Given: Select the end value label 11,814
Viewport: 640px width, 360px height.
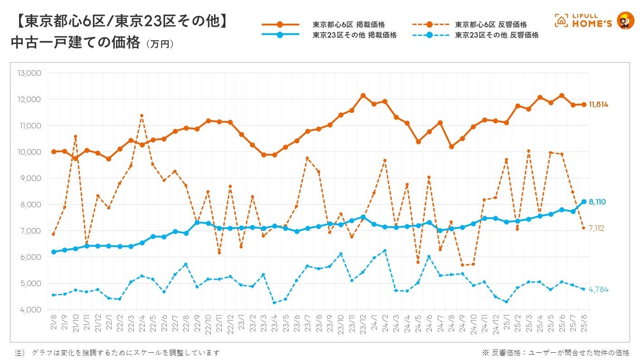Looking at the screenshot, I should (598, 105).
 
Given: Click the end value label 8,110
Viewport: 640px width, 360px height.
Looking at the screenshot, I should (597, 202).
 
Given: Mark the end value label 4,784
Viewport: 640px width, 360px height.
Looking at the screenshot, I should (598, 289).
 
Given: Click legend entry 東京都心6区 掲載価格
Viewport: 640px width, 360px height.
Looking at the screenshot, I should (348, 24).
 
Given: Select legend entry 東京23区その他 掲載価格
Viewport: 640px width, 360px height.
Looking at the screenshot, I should (354, 35).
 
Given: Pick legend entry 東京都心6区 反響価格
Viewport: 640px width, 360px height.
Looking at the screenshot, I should (491, 24).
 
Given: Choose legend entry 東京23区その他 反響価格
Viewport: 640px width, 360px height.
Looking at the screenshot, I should (497, 35).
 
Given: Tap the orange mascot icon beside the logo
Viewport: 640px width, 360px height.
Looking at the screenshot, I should (626, 21).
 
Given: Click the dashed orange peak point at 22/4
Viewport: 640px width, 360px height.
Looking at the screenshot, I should (142, 116).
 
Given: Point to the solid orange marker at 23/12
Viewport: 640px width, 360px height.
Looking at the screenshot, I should (363, 96).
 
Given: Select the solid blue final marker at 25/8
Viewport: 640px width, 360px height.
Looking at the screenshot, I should (584, 202).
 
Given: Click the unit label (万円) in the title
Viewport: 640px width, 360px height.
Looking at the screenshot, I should (160, 44).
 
